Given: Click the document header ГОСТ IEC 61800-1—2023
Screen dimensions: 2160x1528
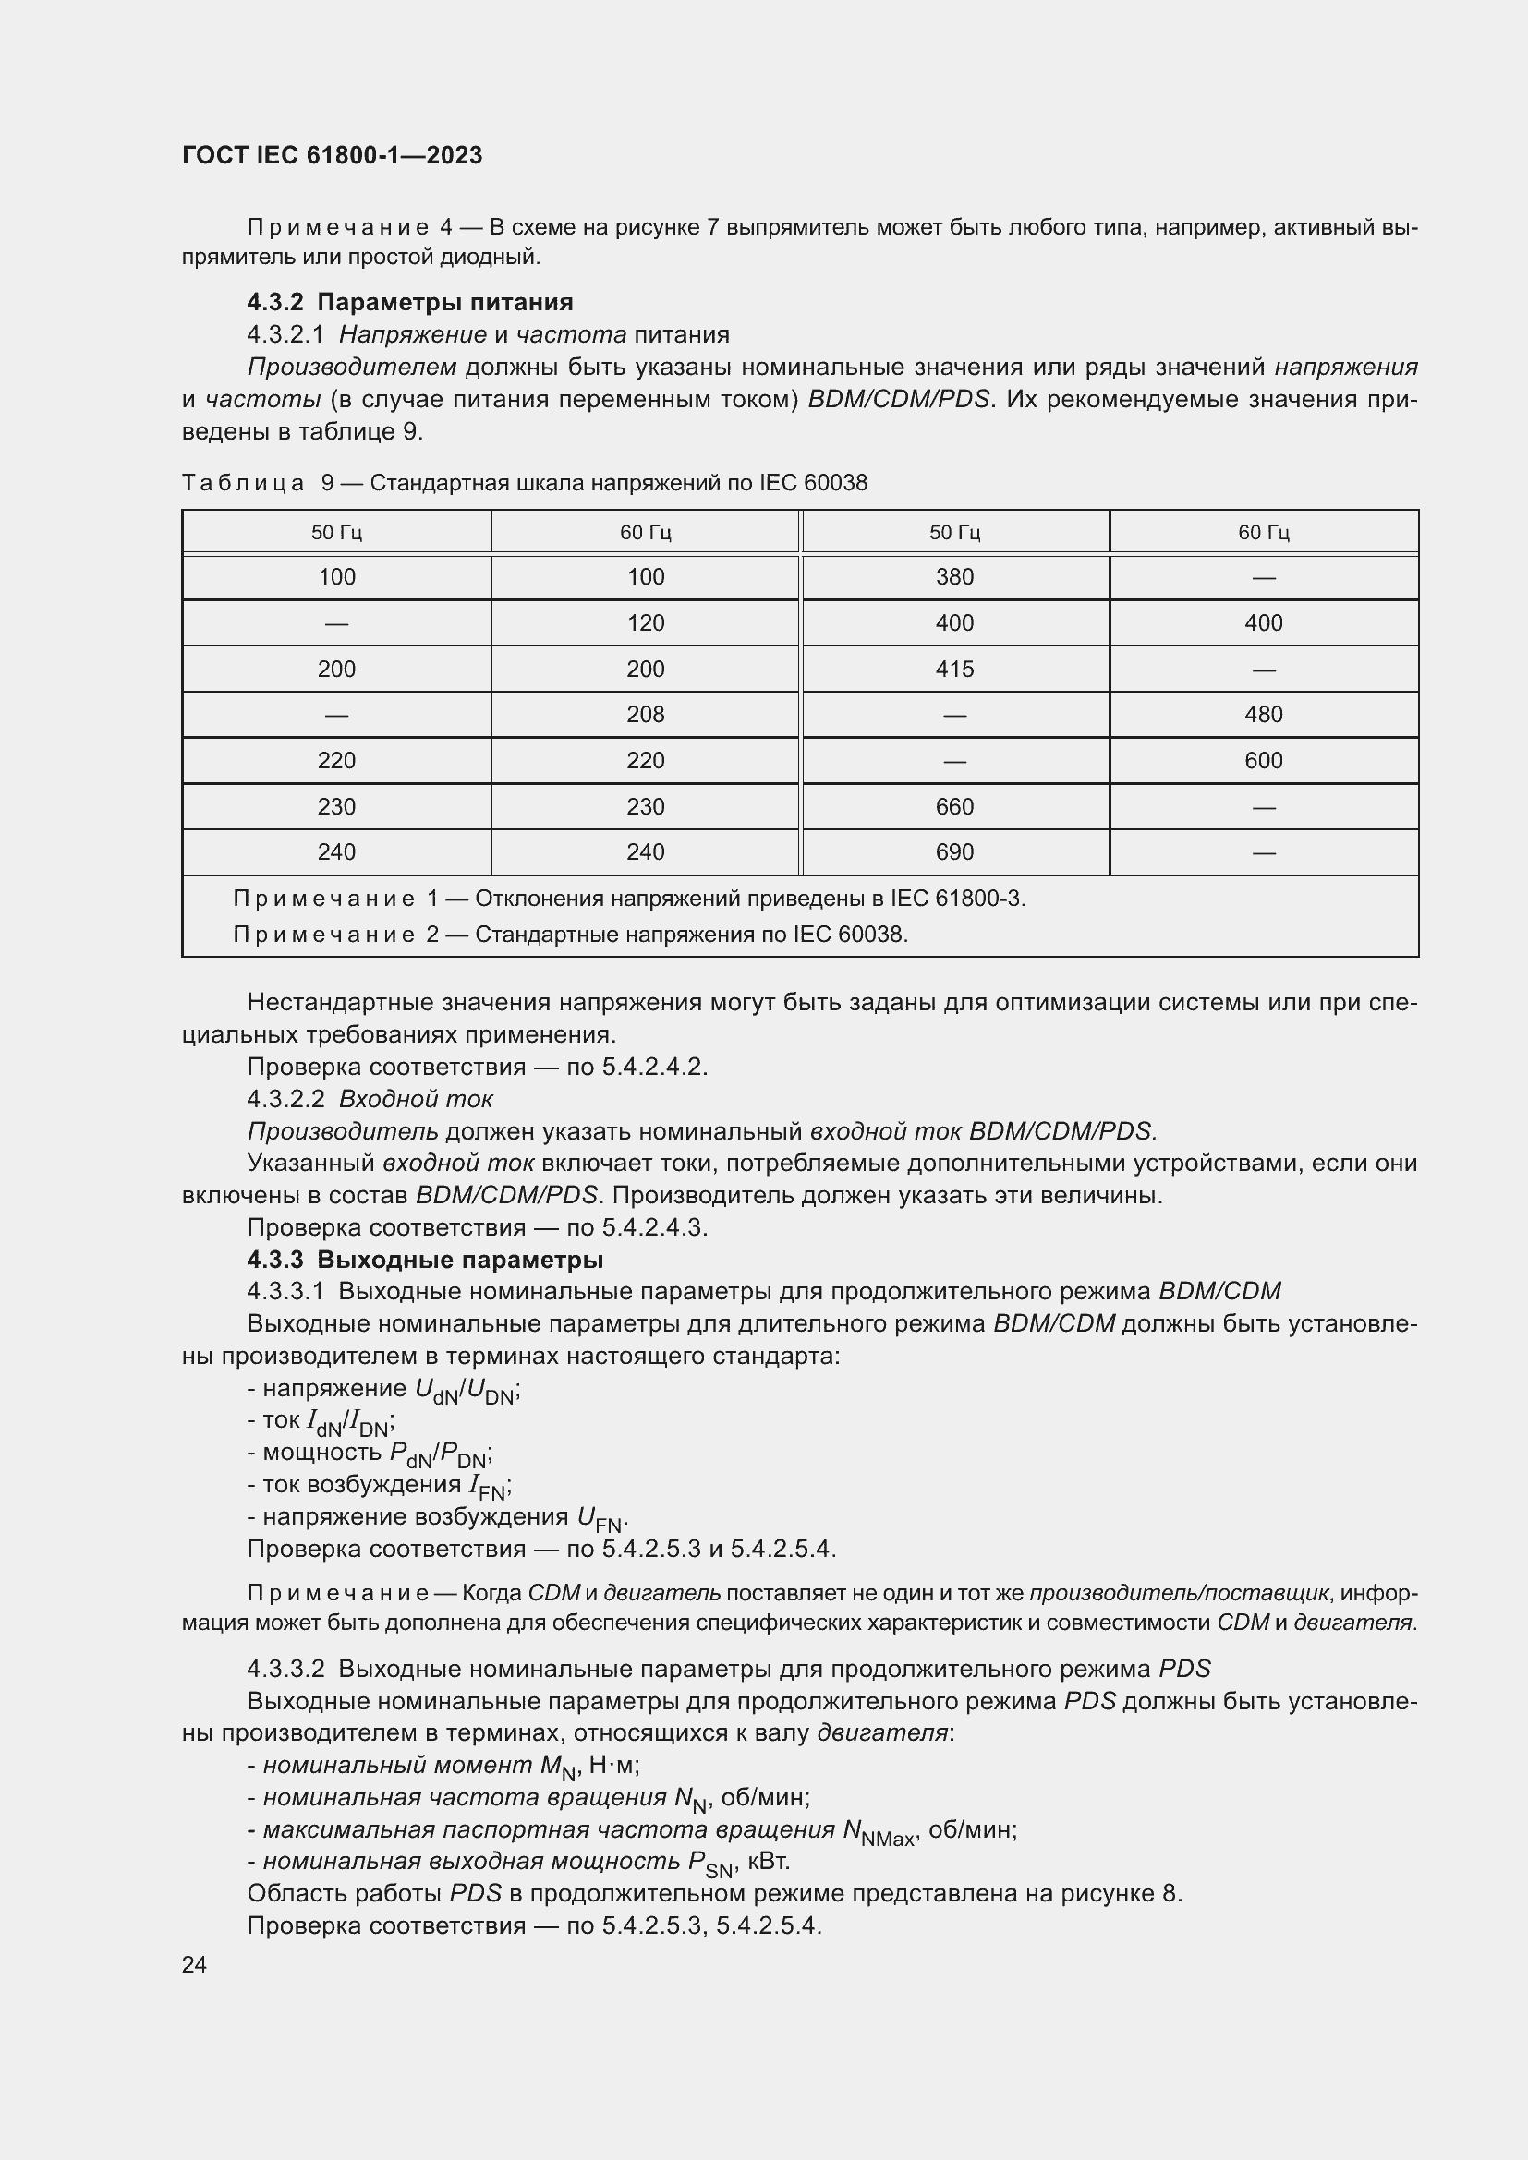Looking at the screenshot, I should [x=332, y=155].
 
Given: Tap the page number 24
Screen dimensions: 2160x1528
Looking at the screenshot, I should [x=194, y=1964].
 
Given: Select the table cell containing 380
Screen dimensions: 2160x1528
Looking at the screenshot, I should [x=954, y=576].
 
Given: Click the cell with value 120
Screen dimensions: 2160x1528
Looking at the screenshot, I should [x=646, y=622].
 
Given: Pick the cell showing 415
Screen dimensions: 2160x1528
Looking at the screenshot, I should [x=954, y=669].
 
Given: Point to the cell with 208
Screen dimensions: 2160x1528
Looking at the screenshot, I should [x=646, y=714].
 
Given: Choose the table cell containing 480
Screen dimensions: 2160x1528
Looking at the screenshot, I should [x=1263, y=714].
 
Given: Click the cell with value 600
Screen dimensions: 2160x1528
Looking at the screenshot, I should [x=1263, y=760].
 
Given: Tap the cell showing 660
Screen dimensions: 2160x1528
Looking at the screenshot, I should [x=954, y=806].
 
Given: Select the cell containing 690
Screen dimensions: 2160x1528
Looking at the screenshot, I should [x=954, y=851].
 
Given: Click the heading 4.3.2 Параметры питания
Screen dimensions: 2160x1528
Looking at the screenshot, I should [x=409, y=302].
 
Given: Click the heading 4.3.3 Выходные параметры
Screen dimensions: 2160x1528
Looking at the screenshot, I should [x=424, y=1259].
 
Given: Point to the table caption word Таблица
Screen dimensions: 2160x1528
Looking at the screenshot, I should [x=243, y=483].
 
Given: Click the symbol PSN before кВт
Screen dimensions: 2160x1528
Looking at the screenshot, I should [x=709, y=1864].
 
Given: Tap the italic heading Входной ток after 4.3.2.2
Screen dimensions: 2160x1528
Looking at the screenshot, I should [x=415, y=1099].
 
